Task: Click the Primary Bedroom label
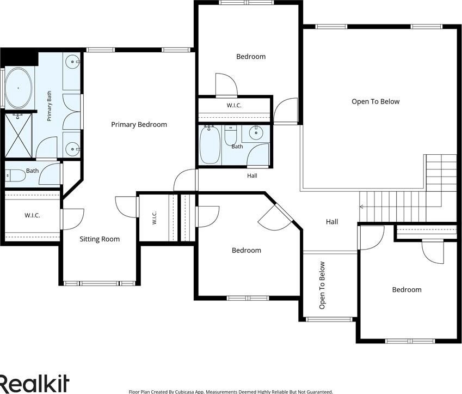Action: click(139, 125)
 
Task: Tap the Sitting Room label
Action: click(100, 239)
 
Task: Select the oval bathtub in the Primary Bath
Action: click(19, 88)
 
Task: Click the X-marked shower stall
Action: click(19, 136)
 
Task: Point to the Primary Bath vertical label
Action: click(49, 106)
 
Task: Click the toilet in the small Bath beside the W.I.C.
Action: click(15, 175)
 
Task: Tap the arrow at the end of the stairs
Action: click(361, 207)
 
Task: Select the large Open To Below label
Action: click(375, 101)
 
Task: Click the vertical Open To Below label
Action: click(322, 286)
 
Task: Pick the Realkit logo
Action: click(34, 383)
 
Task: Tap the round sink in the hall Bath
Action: click(255, 133)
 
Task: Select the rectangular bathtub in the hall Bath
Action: click(210, 145)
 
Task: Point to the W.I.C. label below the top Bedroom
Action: click(234, 105)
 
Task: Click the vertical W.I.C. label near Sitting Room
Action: click(155, 218)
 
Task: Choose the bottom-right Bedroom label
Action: click(406, 289)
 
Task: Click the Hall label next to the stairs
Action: click(332, 222)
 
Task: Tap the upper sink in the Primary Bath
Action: click(72, 62)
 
